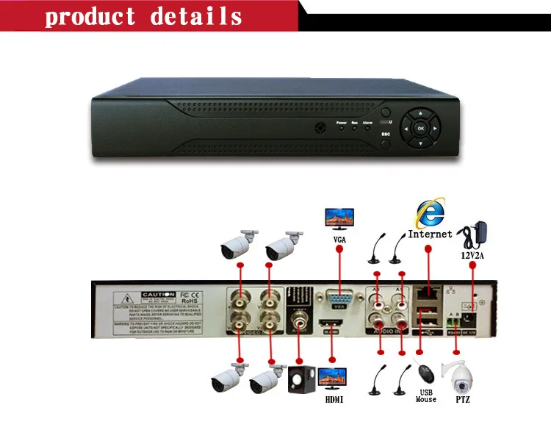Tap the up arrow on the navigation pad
click(x=421, y=115)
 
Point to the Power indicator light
click(x=341, y=127)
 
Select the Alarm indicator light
click(x=367, y=127)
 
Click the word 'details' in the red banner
click(x=196, y=16)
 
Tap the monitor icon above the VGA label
click(x=339, y=218)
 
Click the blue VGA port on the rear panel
click(x=337, y=299)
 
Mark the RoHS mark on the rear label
click(x=190, y=301)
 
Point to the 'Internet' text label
click(x=430, y=234)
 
